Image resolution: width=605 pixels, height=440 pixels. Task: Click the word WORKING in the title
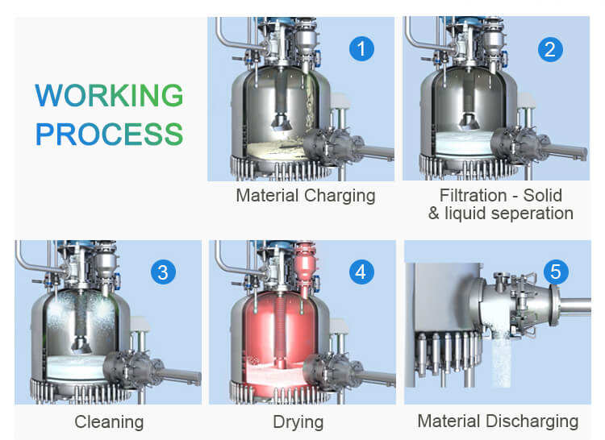point(109,95)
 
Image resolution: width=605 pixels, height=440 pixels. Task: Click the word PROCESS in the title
point(109,134)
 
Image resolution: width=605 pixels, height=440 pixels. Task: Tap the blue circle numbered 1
point(361,49)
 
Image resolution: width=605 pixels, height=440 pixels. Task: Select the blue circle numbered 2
point(550,49)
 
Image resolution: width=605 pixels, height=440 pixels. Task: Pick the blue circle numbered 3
point(163,272)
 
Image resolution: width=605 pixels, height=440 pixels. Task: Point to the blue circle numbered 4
point(361,272)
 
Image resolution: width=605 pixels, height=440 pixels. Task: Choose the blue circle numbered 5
point(556,272)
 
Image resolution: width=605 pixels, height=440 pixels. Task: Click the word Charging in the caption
point(340,196)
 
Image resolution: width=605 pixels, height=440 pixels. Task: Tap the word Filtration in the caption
point(473,195)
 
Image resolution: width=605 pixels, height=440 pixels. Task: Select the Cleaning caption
point(109,422)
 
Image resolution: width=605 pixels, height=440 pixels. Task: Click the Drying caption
point(298,422)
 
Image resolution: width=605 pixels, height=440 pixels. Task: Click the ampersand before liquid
point(434,214)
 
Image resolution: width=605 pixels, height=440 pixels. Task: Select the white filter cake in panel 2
point(465,143)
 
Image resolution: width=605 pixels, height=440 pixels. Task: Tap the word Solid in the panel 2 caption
point(543,195)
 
